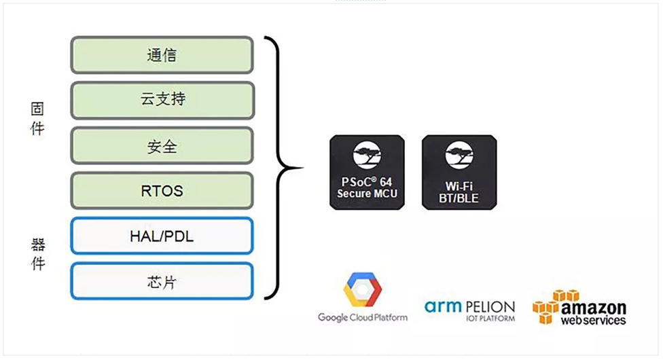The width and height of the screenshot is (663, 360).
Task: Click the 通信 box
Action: pyautogui.click(x=162, y=55)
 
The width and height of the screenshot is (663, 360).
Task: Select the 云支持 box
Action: pyautogui.click(x=162, y=101)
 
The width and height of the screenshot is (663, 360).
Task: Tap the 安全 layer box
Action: pyautogui.click(x=162, y=145)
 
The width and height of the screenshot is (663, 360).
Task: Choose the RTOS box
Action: pyautogui.click(x=162, y=191)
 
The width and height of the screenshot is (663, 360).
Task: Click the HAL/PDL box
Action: pyautogui.click(x=162, y=236)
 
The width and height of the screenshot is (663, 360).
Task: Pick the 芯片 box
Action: pyautogui.click(x=162, y=281)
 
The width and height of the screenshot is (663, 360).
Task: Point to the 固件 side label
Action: pyautogui.click(x=37, y=119)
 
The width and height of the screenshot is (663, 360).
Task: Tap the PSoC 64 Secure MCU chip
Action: pyautogui.click(x=367, y=172)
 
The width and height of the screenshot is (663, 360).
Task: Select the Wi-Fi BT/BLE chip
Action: pyautogui.click(x=459, y=172)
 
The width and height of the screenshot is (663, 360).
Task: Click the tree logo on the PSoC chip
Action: pyautogui.click(x=367, y=156)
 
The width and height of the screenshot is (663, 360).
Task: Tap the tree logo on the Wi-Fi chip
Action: pyautogui.click(x=459, y=156)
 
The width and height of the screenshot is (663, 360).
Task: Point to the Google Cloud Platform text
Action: pyautogui.click(x=363, y=317)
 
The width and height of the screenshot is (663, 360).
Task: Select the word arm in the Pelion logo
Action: pyautogui.click(x=444, y=306)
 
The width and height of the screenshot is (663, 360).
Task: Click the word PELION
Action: pyautogui.click(x=489, y=307)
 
